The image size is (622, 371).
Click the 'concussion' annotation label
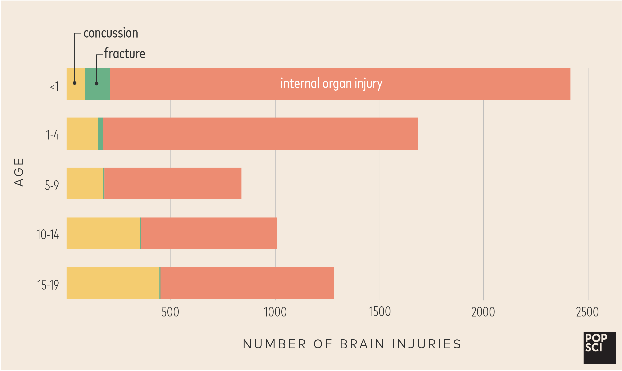point(110,33)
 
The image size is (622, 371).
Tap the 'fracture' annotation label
point(124,54)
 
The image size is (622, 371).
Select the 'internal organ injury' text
point(331,84)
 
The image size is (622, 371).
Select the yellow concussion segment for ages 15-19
point(113,283)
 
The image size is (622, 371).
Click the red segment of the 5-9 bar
point(173,183)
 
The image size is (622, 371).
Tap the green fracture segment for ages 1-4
point(101,134)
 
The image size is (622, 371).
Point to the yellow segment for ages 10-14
point(103,233)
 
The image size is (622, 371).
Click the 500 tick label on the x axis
point(170,312)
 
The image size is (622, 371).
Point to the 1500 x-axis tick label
point(380,312)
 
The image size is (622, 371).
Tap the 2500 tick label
point(587,312)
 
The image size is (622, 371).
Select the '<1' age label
point(55,86)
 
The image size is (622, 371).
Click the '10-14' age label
point(47,235)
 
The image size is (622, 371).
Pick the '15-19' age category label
point(48,285)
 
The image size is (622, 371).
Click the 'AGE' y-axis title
point(19,172)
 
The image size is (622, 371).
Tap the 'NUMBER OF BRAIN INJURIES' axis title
point(352,344)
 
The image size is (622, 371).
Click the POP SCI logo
point(600,348)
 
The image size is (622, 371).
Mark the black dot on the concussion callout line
point(75,83)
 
